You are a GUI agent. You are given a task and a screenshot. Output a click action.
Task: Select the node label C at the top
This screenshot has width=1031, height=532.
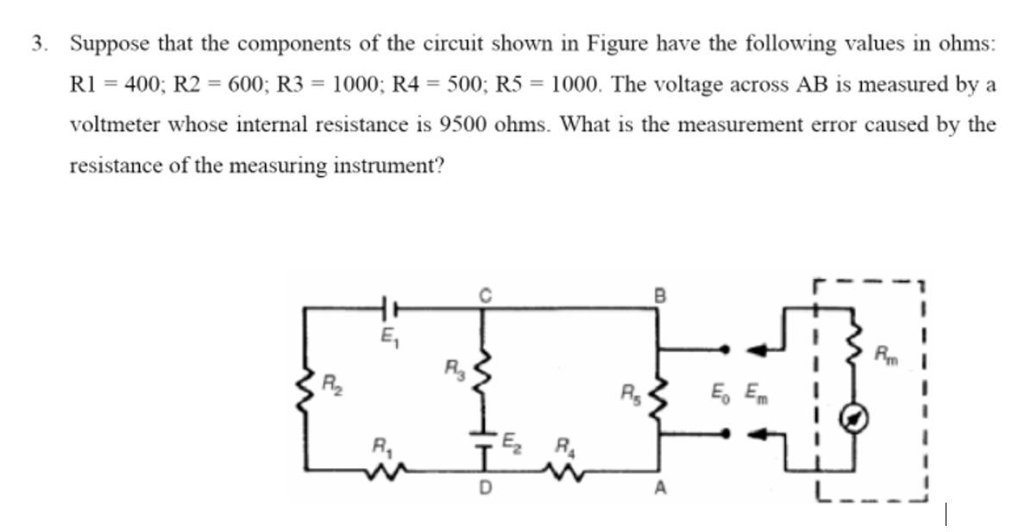(x=486, y=294)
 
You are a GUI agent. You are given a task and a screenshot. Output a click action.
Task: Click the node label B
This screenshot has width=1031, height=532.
(x=661, y=294)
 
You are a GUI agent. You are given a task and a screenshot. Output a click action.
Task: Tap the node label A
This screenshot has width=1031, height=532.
(x=661, y=490)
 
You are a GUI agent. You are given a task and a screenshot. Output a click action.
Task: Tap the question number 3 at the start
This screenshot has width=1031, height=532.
(x=37, y=43)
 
